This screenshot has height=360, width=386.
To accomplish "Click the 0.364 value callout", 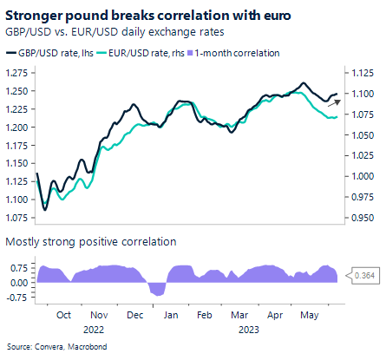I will click(364, 276).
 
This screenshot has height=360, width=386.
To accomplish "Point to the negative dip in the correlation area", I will click(157, 290).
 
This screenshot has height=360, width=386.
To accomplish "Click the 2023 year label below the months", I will click(249, 330).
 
